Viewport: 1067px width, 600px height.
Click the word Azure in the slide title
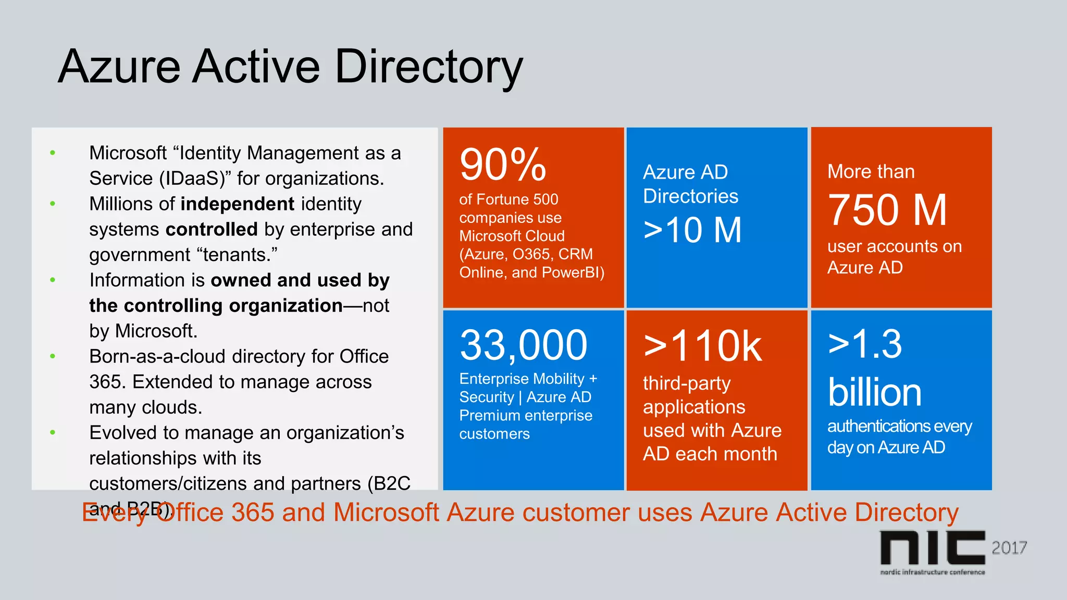119,67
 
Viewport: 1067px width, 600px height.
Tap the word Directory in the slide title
428,67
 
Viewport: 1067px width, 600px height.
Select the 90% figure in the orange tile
503,165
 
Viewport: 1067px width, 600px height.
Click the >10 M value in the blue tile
692,230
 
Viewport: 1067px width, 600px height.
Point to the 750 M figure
887,210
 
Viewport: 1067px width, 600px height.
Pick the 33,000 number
524,345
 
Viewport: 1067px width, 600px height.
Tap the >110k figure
702,346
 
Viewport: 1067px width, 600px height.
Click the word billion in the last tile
874,392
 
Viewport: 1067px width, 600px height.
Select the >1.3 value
865,344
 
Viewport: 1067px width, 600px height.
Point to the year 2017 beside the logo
1009,548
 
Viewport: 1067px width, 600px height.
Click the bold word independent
238,204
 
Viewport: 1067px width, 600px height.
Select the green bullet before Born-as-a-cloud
53,356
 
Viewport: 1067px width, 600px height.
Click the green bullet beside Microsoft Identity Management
53,153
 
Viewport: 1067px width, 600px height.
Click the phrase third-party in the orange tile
687,383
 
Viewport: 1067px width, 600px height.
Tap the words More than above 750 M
871,171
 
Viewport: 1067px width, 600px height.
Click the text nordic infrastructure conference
932,572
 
